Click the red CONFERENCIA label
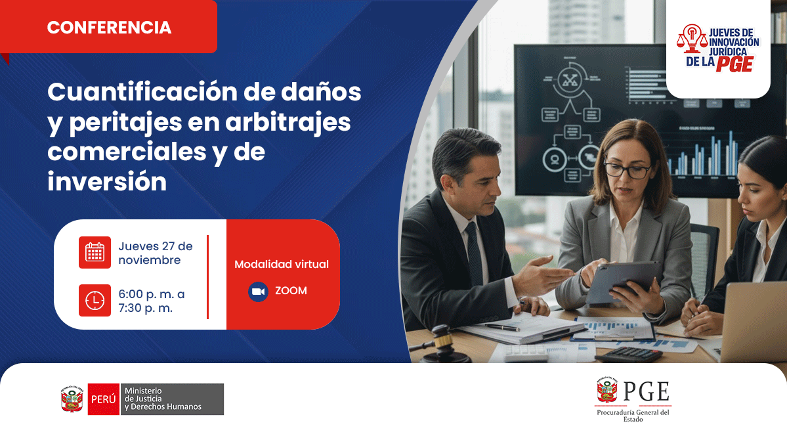tap(109, 28)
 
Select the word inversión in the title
tap(107, 181)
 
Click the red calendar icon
tap(95, 252)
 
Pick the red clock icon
tap(95, 300)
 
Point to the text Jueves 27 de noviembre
tap(156, 253)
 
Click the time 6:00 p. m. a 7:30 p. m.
tap(152, 301)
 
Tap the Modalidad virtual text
tap(282, 264)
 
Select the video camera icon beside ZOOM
tap(258, 291)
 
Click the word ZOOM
tap(291, 290)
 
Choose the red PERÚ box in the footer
tap(103, 399)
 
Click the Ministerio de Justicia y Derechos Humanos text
tap(163, 399)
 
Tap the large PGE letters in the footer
tap(646, 392)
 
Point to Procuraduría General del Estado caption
tap(633, 416)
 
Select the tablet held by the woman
tap(622, 281)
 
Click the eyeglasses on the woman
tap(627, 170)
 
